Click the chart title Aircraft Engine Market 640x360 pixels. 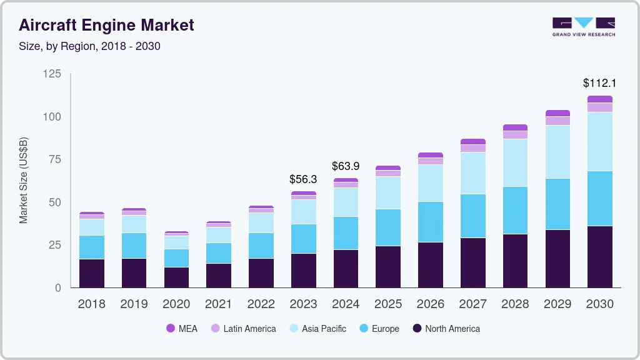pyautogui.click(x=106, y=26)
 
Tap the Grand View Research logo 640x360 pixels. pyautogui.click(x=583, y=27)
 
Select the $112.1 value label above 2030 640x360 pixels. pyautogui.click(x=599, y=82)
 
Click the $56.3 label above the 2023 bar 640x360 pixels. pyautogui.click(x=303, y=179)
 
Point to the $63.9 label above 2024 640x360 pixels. pyautogui.click(x=346, y=166)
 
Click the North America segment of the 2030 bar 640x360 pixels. pyautogui.click(x=599, y=256)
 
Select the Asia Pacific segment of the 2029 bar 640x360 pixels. pyautogui.click(x=557, y=152)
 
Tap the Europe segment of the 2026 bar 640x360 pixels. pyautogui.click(x=430, y=222)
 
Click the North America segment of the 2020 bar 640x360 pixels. pyautogui.click(x=176, y=277)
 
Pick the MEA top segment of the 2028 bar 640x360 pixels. pyautogui.click(x=515, y=127)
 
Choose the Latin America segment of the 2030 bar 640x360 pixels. pyautogui.click(x=599, y=107)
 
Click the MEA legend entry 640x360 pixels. pyautogui.click(x=182, y=328)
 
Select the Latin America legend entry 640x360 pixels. pyautogui.click(x=243, y=328)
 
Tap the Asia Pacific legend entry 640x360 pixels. pyautogui.click(x=317, y=328)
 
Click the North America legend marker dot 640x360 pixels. pyautogui.click(x=417, y=328)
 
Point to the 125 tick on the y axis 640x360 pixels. pyautogui.click(x=52, y=74)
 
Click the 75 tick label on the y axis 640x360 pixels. pyautogui.click(x=55, y=159)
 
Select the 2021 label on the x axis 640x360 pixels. pyautogui.click(x=219, y=304)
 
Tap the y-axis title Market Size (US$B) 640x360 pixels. pyautogui.click(x=24, y=180)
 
